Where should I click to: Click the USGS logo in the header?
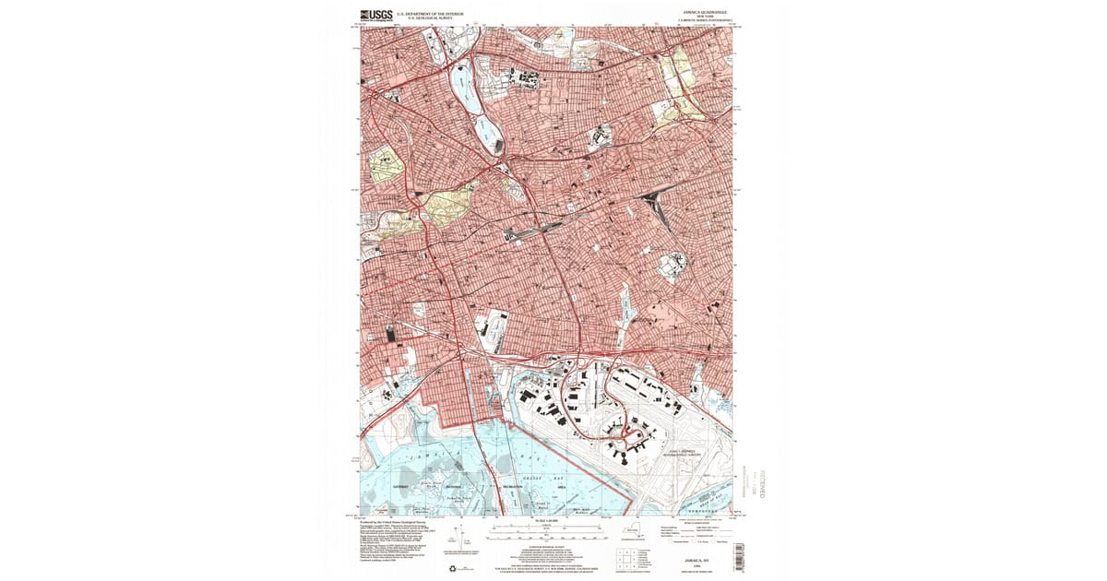click(375, 15)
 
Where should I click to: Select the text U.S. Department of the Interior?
click(429, 14)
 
